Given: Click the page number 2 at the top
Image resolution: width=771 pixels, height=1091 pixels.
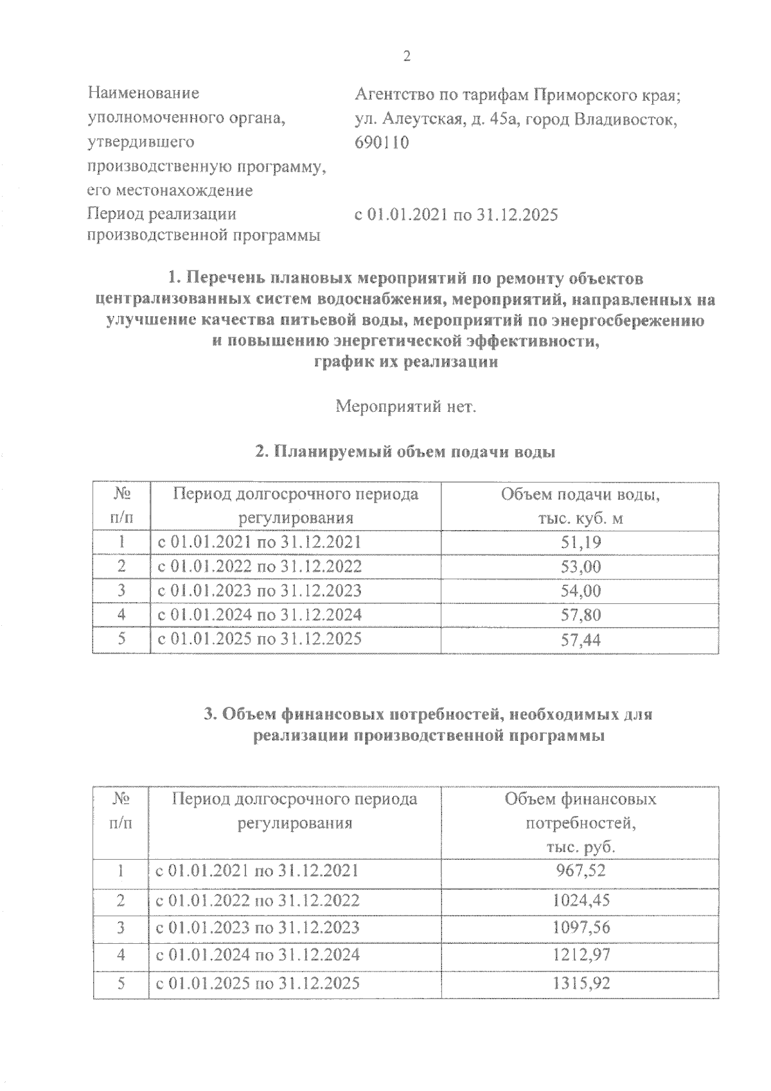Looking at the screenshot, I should pos(405,56).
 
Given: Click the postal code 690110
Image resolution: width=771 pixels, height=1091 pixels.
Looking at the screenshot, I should pos(381,143).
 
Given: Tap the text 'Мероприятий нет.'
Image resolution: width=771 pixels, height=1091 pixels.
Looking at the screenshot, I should pos(406,407).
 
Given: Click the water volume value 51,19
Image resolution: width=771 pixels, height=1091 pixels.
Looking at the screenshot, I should pos(580,542).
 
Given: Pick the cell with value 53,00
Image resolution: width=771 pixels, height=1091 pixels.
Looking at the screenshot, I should pos(580,567).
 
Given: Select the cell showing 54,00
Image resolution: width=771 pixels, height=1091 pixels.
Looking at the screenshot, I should pos(580,590).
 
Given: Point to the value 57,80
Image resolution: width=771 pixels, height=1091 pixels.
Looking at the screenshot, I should pos(580,615).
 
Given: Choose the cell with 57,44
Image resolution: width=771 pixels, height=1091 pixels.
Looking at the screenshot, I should pos(580,639).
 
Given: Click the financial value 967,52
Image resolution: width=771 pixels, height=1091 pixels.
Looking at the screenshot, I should pos(580,871).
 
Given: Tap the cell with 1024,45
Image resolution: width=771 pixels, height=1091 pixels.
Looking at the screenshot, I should pos(580,900).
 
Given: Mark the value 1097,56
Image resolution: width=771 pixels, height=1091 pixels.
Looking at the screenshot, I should pos(580,927).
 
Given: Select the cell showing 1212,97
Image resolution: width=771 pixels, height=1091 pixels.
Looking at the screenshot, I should pos(580,955).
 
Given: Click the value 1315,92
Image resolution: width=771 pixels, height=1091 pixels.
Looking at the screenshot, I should pos(580,983).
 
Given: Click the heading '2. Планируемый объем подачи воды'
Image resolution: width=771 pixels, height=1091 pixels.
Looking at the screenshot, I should pos(405,452).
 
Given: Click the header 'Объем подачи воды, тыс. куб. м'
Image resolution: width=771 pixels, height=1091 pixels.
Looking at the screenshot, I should pos(580,506).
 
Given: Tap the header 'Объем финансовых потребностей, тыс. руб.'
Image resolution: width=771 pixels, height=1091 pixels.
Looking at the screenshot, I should pos(580,823).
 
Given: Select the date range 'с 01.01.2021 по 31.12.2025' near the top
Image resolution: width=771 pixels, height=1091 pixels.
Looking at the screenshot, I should pos(456,215).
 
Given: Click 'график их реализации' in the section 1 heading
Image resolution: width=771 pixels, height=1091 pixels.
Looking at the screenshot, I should pos(405,362).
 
